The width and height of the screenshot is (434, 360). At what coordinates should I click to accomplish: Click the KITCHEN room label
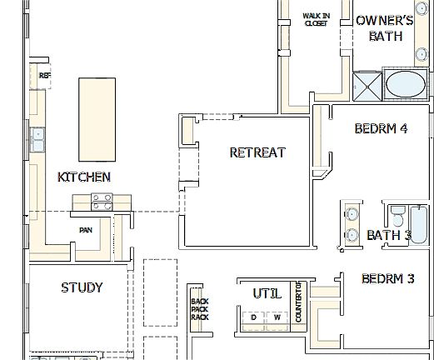coord(83,177)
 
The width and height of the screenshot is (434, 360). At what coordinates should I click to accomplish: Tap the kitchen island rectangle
coord(97,118)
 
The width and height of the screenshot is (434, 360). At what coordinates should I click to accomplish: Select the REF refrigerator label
coord(43,75)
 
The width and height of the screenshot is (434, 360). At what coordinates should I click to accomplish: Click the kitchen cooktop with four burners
coord(102,201)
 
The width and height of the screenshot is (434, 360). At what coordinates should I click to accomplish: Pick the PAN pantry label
coord(85,230)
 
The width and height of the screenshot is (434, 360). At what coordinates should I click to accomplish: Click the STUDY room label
coord(82,287)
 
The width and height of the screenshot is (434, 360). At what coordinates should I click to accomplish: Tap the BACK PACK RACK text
coord(198,309)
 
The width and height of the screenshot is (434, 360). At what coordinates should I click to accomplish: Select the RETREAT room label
coord(257,152)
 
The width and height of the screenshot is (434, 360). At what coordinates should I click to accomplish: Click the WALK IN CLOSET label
coord(315,19)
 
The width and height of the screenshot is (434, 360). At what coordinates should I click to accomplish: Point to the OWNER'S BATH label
coord(384,27)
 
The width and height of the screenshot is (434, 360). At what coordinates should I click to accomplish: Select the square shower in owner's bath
coord(366,85)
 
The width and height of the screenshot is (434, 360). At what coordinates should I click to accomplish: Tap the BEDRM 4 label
coord(381,128)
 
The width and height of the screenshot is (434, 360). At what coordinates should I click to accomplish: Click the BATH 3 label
coord(389,235)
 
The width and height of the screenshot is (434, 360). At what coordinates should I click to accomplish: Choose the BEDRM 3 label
coord(387,278)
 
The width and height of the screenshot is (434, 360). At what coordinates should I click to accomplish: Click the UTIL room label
coord(267,293)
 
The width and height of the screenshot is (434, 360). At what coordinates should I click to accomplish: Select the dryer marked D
coord(253,317)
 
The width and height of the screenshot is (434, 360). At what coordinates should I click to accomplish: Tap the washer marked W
coord(277,317)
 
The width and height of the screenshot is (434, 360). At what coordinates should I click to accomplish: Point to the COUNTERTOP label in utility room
coord(298,304)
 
